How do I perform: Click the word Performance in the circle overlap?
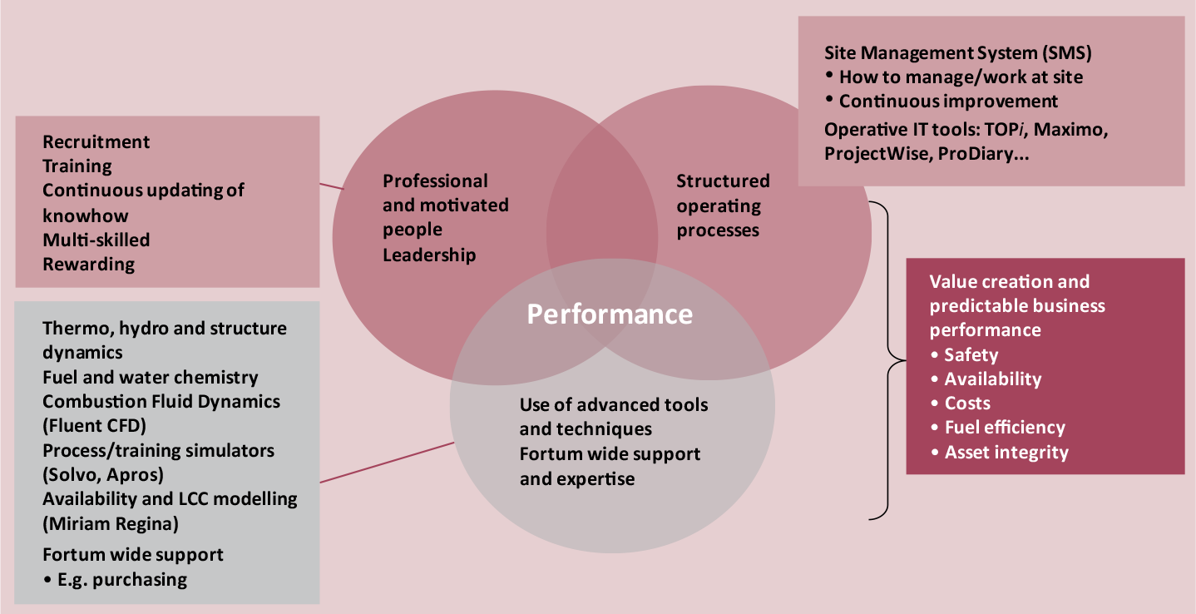pos(610,314)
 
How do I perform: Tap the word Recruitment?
pos(96,141)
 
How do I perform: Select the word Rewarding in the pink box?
pos(88,265)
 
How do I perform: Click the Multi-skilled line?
pos(96,240)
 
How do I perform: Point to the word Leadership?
pos(429,255)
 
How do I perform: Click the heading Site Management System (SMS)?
pos(957,53)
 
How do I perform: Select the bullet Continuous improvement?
pos(948,102)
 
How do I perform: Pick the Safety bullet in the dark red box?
pos(971,355)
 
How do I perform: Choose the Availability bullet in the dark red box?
pos(992,379)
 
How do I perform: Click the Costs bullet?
pos(967,404)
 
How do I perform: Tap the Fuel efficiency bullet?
pos(1004,428)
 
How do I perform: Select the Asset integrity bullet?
pos(1006,453)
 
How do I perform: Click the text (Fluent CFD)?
pos(94,425)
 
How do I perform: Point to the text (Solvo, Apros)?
pos(103,474)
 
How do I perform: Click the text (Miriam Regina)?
pos(111,523)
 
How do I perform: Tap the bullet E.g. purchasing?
pos(122,579)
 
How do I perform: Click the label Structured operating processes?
pos(723,205)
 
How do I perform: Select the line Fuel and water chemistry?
pos(151,378)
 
